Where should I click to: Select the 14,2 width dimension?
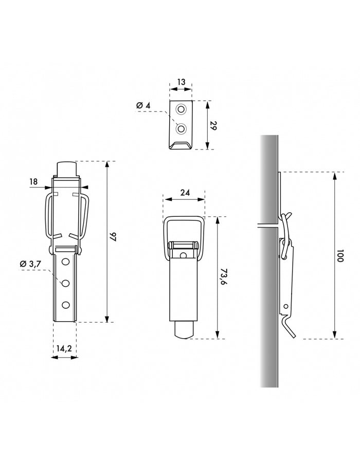[64, 348]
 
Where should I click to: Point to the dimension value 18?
[33, 181]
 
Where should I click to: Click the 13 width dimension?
[181, 82]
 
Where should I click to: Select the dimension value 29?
[213, 125]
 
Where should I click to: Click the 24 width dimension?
[185, 193]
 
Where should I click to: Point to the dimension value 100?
[340, 256]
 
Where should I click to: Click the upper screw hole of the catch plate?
[181, 109]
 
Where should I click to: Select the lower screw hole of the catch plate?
[181, 128]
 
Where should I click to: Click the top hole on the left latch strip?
[65, 263]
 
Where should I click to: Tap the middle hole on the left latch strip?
[65, 283]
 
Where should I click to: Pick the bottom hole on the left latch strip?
[65, 305]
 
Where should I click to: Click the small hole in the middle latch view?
[183, 255]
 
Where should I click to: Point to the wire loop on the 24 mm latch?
[184, 221]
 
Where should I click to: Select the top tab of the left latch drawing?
[66, 169]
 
